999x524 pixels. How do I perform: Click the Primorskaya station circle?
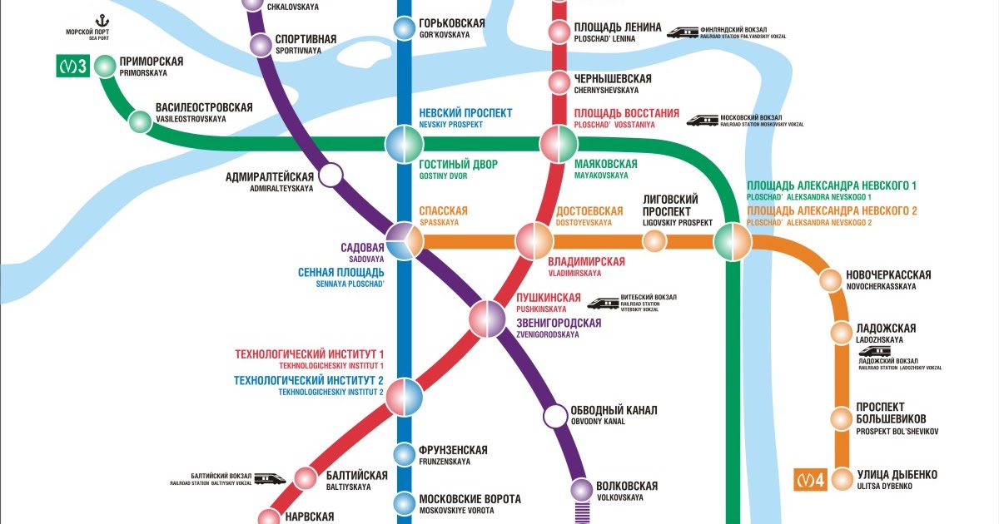[105, 66]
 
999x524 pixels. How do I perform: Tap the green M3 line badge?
[72, 66]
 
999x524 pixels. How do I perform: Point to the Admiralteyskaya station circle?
[331, 175]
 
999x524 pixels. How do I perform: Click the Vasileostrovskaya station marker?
[140, 121]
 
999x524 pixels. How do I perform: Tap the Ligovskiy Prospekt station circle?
[654, 241]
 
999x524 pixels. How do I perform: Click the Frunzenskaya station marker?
[404, 455]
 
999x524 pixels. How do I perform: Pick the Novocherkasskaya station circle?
[830, 280]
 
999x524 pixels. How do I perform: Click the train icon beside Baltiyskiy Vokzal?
[271, 478]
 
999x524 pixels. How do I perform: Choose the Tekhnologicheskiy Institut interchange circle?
[404, 397]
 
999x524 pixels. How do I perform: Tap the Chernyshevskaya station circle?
[559, 83]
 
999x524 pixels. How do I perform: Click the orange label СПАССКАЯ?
[443, 211]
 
